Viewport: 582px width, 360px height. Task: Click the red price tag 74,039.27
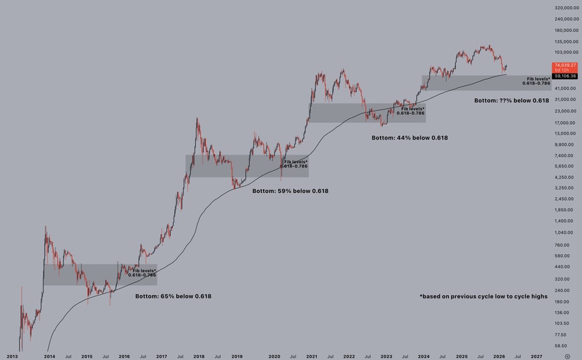click(x=564, y=65)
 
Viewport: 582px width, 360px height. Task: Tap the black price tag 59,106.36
click(x=564, y=76)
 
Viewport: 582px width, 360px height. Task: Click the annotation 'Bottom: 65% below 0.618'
click(x=173, y=296)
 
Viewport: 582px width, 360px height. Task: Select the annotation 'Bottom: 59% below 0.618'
click(x=290, y=191)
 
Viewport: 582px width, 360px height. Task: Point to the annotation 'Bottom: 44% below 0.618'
click(x=409, y=138)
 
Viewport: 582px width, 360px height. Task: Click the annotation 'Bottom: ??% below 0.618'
click(x=511, y=101)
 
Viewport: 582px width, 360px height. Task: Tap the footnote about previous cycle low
click(x=483, y=296)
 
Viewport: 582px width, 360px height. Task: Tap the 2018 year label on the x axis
click(x=199, y=356)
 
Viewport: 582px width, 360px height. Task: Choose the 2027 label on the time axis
click(x=537, y=356)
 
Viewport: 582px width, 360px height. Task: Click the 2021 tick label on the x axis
click(x=312, y=356)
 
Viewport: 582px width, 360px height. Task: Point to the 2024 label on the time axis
click(x=424, y=356)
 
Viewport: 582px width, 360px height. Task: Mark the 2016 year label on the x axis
click(x=124, y=356)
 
